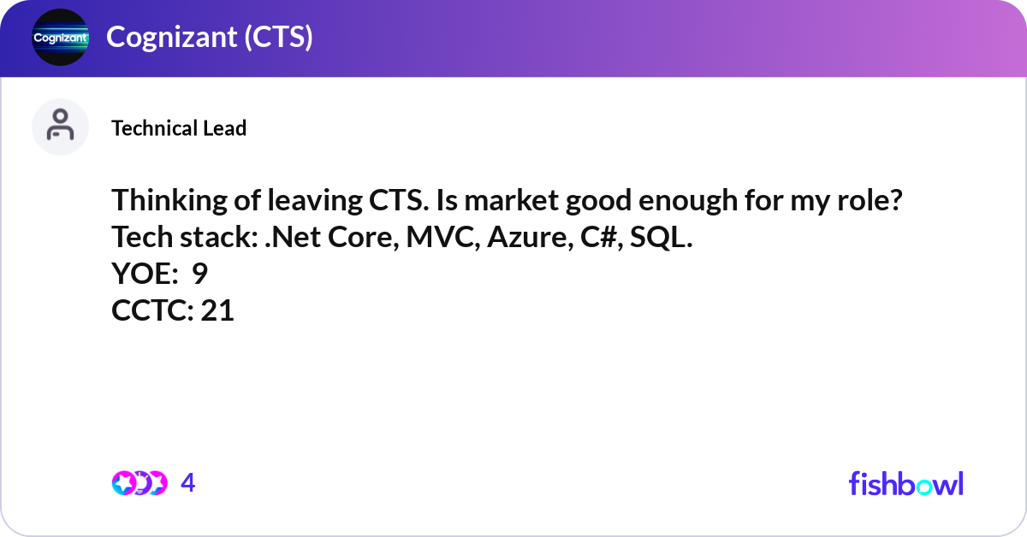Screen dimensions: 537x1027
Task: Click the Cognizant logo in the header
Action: coord(60,38)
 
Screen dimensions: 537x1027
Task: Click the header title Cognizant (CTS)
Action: coord(209,38)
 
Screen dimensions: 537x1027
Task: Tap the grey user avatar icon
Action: coord(60,127)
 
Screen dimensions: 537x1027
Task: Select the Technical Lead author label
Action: coord(179,128)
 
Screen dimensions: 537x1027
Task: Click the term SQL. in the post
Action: coord(661,239)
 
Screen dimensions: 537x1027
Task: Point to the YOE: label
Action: coord(144,274)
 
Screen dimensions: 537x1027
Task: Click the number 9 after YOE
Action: coord(199,274)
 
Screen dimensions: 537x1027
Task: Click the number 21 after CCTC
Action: coord(217,311)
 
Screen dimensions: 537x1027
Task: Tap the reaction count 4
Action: coord(188,483)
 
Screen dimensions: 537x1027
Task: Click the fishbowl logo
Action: coord(905,483)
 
